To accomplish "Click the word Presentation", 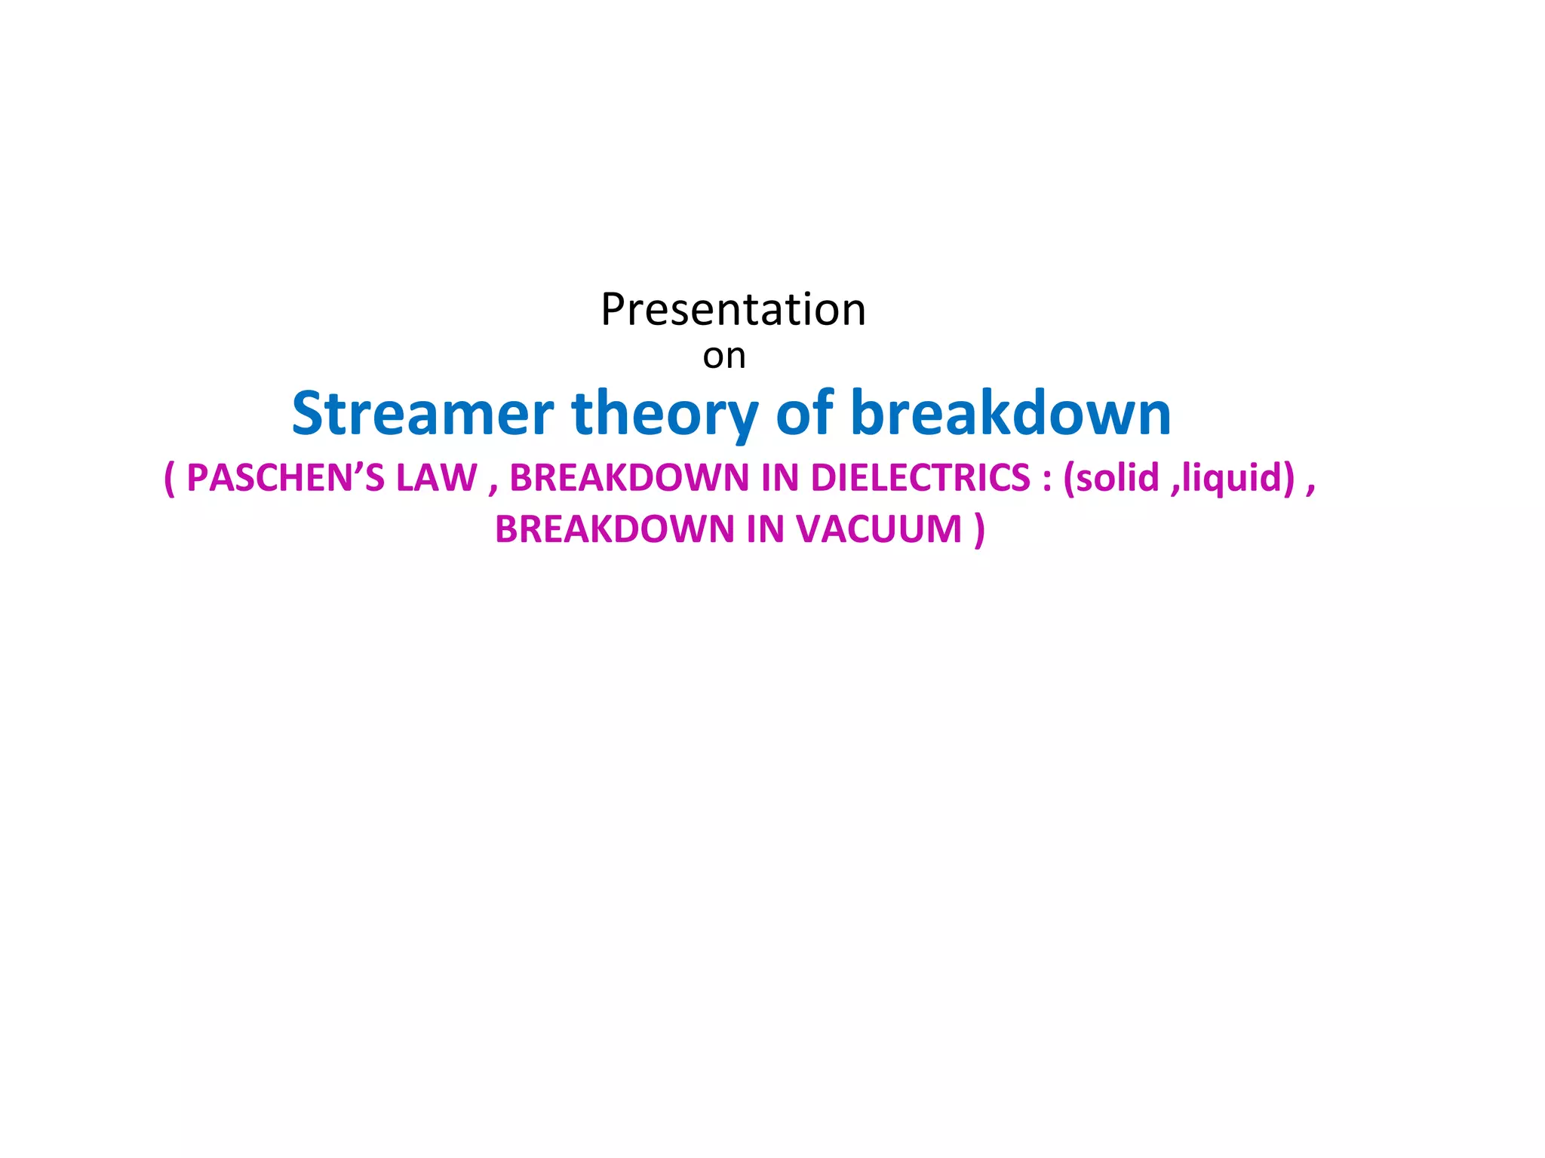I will pos(733,310).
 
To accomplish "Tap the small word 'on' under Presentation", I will pos(723,357).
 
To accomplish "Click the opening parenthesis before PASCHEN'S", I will pos(169,478).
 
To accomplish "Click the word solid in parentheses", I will pos(1117,478).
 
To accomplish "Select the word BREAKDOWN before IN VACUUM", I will pos(614,529).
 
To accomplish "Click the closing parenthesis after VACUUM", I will pos(979,529).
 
